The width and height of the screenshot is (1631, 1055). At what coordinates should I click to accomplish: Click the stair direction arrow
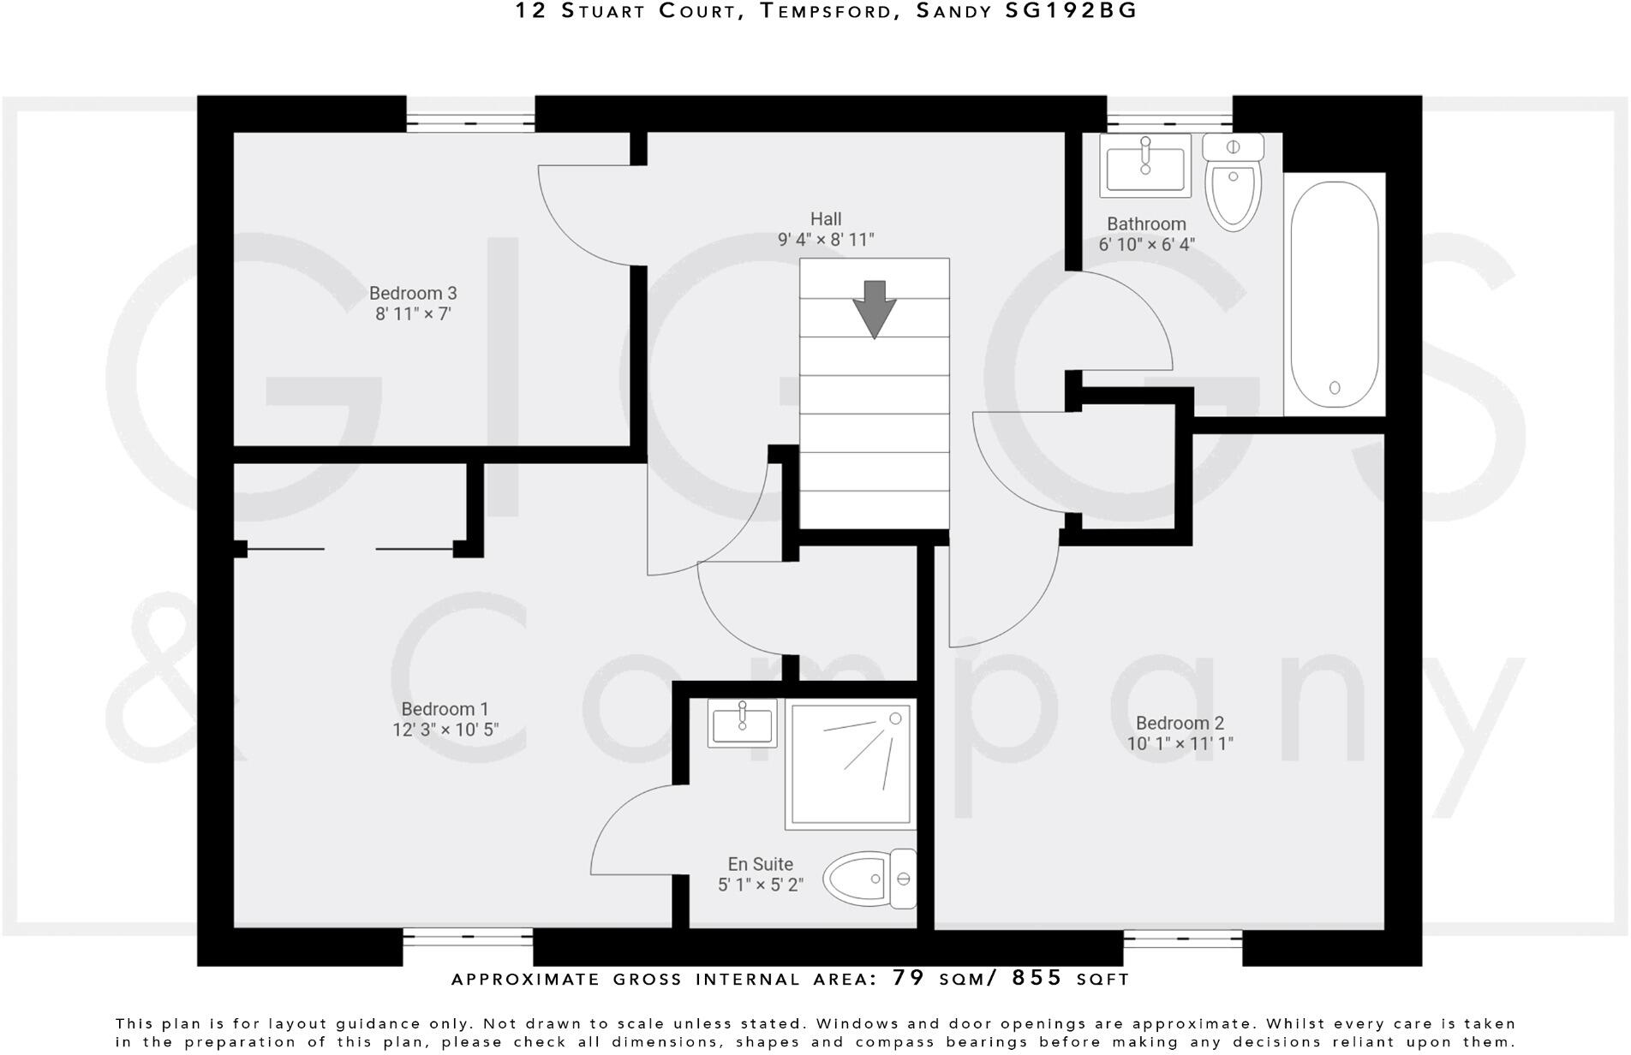pyautogui.click(x=874, y=308)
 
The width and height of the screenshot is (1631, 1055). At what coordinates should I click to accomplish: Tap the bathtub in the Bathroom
pyautogui.click(x=1334, y=295)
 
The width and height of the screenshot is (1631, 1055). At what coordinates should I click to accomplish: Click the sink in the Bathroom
pyautogui.click(x=1146, y=165)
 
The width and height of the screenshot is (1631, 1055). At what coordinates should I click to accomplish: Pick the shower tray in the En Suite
pyautogui.click(x=850, y=764)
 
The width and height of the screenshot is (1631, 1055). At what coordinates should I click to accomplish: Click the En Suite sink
pyautogui.click(x=742, y=723)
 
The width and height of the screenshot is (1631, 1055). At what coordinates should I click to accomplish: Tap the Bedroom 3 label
pyautogui.click(x=413, y=294)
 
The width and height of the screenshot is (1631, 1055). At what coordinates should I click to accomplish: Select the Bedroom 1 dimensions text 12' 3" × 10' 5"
pyautogui.click(x=445, y=730)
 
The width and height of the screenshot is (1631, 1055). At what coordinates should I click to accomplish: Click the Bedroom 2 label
pyautogui.click(x=1180, y=723)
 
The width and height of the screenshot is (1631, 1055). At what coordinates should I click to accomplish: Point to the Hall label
pyautogui.click(x=826, y=219)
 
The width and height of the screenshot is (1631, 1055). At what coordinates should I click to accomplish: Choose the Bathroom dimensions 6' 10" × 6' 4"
pyautogui.click(x=1146, y=244)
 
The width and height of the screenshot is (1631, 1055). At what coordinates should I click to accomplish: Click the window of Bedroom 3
pyautogui.click(x=470, y=122)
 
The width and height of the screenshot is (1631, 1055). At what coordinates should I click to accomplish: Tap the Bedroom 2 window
pyautogui.click(x=1182, y=939)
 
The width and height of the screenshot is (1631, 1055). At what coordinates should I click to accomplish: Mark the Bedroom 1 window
pyautogui.click(x=468, y=939)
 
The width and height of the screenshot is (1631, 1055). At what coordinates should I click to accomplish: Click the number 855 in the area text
pyautogui.click(x=1037, y=978)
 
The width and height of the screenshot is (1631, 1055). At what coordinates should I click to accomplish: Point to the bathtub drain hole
pyautogui.click(x=1335, y=388)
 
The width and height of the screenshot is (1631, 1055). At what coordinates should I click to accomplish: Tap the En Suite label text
pyautogui.click(x=760, y=864)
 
